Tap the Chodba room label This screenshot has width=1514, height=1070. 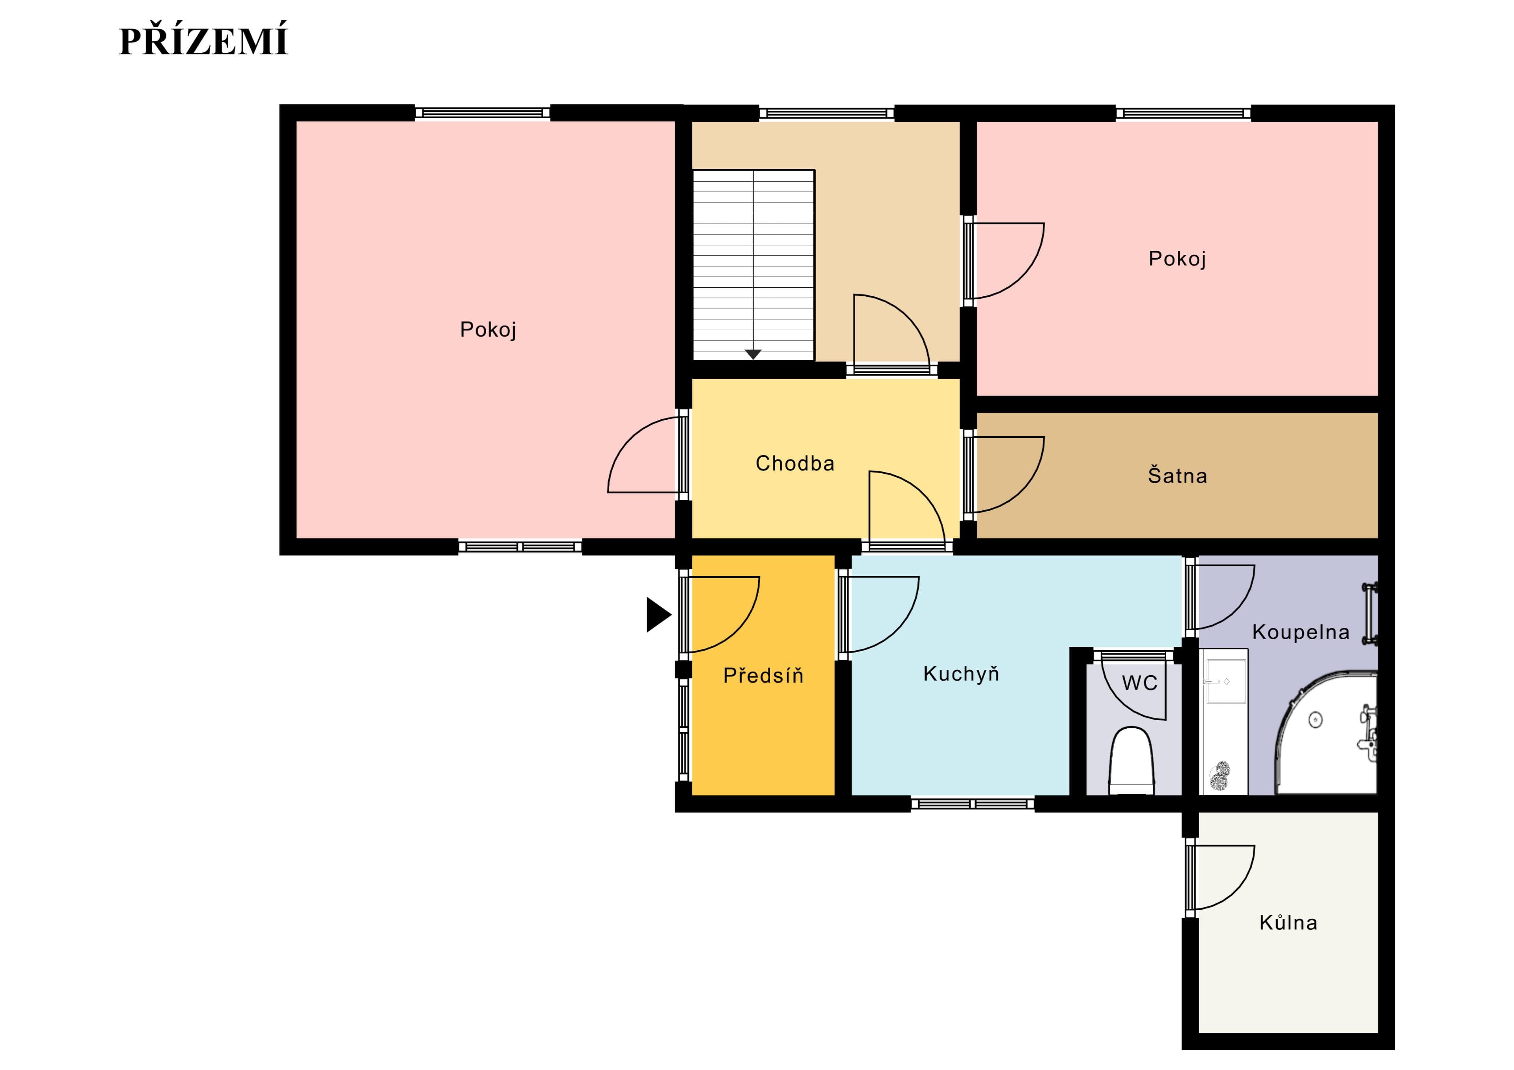(794, 463)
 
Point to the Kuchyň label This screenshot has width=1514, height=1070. (961, 674)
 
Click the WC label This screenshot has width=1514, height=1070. (1139, 683)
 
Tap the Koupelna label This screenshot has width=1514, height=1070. (1300, 632)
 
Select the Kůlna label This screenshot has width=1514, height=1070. (1288, 922)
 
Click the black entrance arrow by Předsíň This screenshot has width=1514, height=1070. (658, 614)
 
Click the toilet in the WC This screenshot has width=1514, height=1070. (1132, 761)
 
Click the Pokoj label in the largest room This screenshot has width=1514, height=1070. (488, 329)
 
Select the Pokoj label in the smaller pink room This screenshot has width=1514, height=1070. (1177, 259)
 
